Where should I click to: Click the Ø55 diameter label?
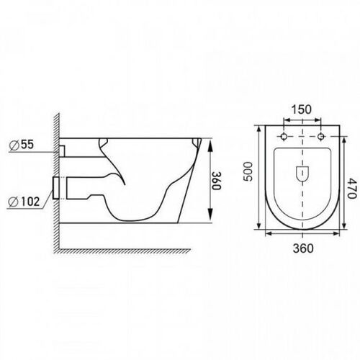(x=22, y=145)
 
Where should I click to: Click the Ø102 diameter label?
(x=24, y=202)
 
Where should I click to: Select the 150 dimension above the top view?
(x=302, y=109)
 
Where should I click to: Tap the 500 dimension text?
(x=248, y=171)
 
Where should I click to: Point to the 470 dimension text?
(x=351, y=188)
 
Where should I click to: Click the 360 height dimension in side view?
(x=216, y=181)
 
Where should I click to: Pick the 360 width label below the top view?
(x=303, y=248)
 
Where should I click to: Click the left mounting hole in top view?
(x=284, y=137)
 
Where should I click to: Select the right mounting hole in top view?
(x=320, y=137)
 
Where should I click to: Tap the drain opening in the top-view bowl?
(x=302, y=174)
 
